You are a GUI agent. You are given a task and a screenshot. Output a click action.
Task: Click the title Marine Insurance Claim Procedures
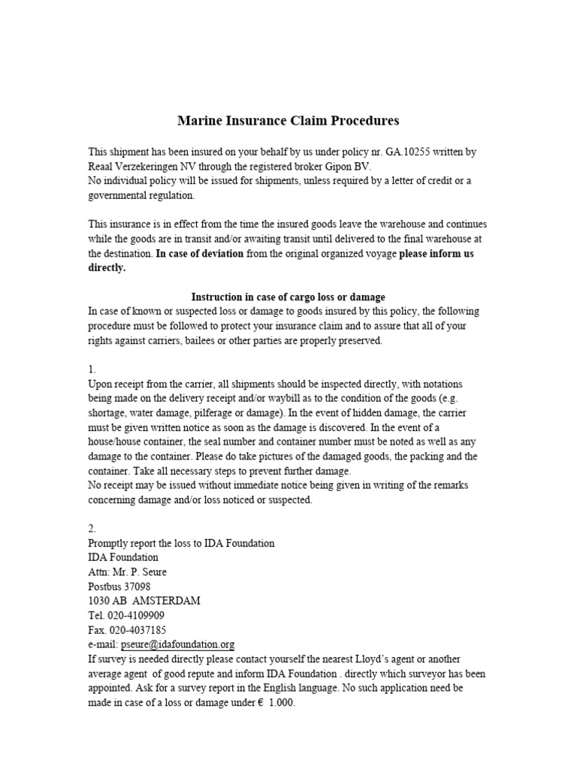pos(288,120)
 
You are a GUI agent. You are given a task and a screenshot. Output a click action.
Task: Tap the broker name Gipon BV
pos(351,166)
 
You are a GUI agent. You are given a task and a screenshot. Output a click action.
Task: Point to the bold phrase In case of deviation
pos(200,254)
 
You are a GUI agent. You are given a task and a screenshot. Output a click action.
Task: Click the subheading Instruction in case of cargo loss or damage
pos(288,297)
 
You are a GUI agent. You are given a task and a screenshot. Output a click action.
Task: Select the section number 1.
pos(92,370)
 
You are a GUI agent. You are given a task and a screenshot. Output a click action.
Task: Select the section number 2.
pos(92,529)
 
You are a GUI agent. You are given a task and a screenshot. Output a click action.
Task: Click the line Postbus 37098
pos(119,587)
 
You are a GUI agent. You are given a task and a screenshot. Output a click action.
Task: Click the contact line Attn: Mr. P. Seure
pos(128,572)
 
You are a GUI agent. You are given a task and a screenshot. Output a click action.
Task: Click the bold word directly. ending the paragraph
pos(107,268)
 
